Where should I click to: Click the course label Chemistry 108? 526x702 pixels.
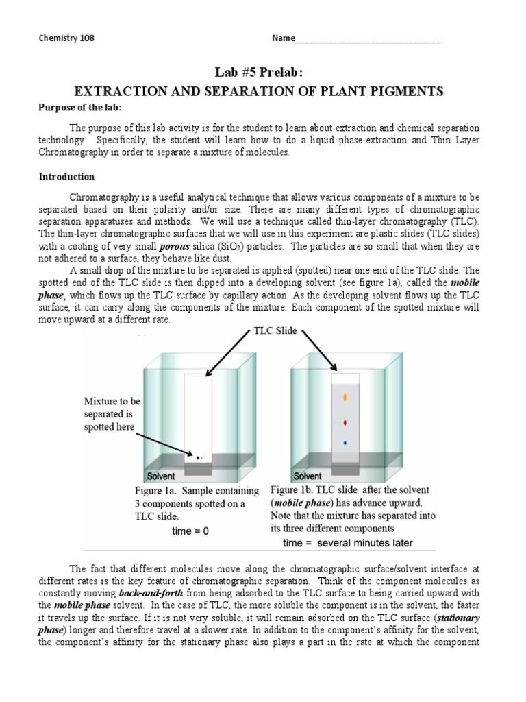coord(66,38)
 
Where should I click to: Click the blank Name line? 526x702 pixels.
coord(368,40)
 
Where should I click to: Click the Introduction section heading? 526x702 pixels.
coord(66,177)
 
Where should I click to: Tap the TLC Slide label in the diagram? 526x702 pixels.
coord(275,331)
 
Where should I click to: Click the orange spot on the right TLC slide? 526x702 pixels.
coord(345,397)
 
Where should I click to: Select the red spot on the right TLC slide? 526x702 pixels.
coord(345,422)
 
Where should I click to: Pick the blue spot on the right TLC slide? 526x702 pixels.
coord(345,444)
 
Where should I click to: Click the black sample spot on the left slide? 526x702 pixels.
coord(199,457)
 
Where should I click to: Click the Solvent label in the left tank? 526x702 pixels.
coord(161,476)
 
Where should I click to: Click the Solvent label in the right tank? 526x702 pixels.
coord(308,476)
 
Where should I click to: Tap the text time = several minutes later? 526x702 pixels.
coord(348,543)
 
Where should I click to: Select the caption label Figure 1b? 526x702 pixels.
coord(290,490)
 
